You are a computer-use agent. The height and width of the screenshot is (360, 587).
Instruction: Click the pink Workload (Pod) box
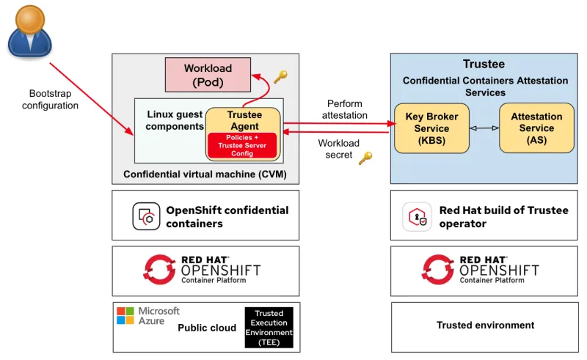pyautogui.click(x=208, y=76)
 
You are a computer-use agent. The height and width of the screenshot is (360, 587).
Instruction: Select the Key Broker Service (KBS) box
pyautogui.click(x=431, y=128)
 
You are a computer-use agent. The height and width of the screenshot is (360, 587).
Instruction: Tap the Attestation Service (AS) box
pyautogui.click(x=536, y=128)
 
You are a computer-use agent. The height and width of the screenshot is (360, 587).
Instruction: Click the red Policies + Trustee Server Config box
pyautogui.click(x=242, y=144)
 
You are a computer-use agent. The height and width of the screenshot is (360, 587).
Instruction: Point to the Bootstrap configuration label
pyautogui.click(x=50, y=100)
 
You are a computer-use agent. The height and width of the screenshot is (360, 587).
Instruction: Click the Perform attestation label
pyautogui.click(x=344, y=110)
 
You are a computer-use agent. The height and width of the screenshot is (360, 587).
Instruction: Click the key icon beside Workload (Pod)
pyautogui.click(x=280, y=76)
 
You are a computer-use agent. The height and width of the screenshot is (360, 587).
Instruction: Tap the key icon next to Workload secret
pyautogui.click(x=365, y=158)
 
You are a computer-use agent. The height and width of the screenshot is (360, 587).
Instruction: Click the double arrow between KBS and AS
pyautogui.click(x=484, y=128)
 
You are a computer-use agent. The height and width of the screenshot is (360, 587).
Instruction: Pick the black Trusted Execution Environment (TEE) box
pyautogui.click(x=269, y=328)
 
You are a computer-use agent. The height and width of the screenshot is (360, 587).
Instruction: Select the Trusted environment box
pyautogui.click(x=485, y=326)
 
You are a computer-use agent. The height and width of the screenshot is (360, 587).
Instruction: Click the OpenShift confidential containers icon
pyautogui.click(x=146, y=216)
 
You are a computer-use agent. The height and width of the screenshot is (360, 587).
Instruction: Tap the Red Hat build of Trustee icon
pyautogui.click(x=415, y=217)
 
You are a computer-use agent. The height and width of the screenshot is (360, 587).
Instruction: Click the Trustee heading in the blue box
pyautogui.click(x=484, y=65)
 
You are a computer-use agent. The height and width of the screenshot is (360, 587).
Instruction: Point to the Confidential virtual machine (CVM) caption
pyautogui.click(x=205, y=175)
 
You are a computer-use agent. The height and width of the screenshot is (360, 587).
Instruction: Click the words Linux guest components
pyautogui.click(x=175, y=120)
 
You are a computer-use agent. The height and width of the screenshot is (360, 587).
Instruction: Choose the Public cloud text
pyautogui.click(x=207, y=328)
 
